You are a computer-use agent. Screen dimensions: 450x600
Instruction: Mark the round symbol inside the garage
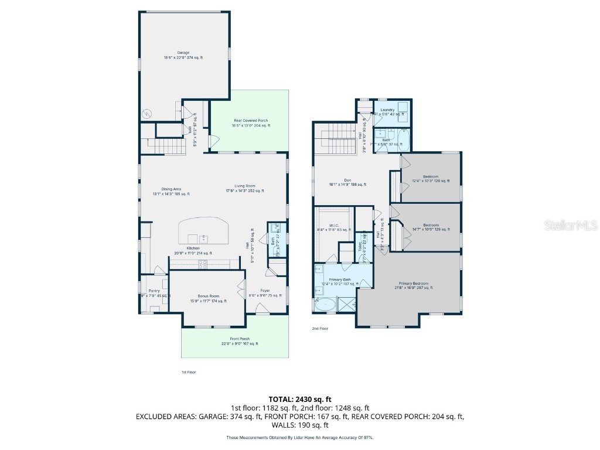pyautogui.click(x=148, y=112)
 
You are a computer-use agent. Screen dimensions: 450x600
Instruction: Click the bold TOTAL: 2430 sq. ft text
pyautogui.click(x=300, y=399)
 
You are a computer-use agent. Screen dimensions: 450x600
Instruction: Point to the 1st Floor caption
pyautogui.click(x=188, y=372)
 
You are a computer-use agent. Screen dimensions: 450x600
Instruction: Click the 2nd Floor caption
pyautogui.click(x=320, y=329)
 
